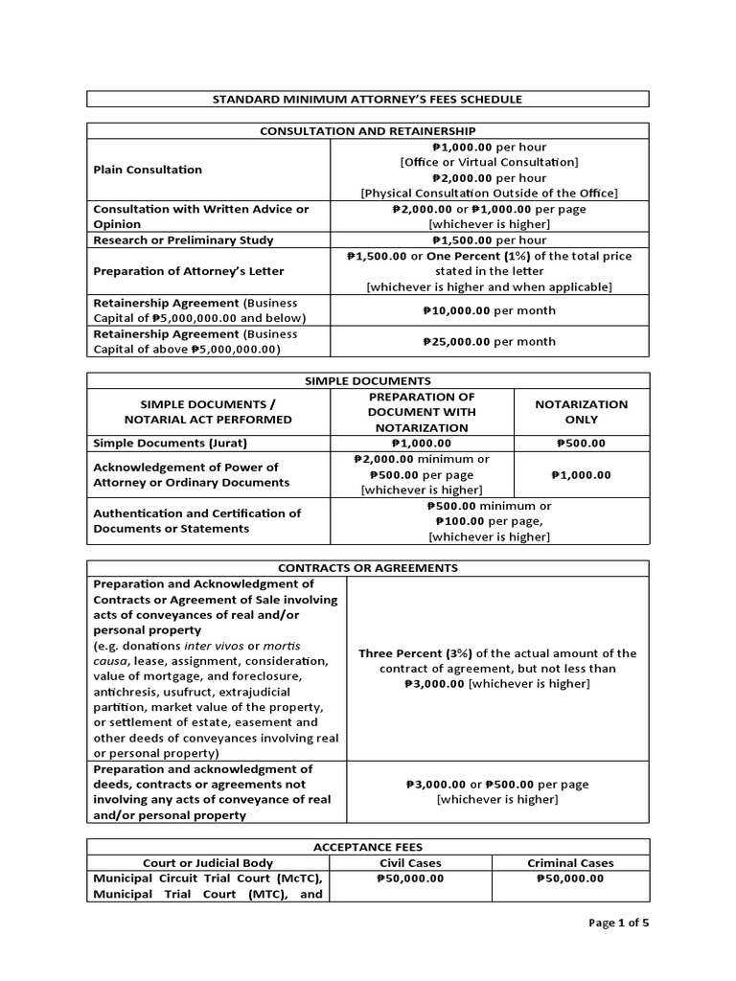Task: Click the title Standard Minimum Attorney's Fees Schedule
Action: point(368,99)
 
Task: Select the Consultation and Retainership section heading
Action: point(368,130)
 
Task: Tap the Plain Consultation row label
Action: point(148,170)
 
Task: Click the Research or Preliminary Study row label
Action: point(183,240)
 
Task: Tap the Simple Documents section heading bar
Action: point(368,380)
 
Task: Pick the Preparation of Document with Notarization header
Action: point(422,412)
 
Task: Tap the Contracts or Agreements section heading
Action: point(368,568)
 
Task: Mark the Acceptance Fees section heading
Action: point(368,847)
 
